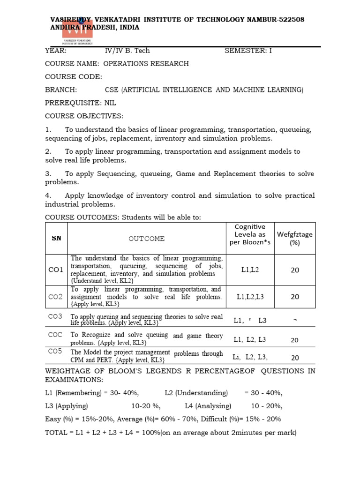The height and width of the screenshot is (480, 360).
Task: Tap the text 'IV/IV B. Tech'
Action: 127,51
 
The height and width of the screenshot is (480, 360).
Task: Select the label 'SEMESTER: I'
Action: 248,51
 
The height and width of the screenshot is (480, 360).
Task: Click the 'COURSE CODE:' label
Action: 73,77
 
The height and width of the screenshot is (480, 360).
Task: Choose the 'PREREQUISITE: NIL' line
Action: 80,103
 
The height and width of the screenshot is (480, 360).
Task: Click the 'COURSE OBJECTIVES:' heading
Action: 84,116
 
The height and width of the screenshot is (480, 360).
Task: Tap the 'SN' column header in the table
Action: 56,238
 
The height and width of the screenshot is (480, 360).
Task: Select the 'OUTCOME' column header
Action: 147,239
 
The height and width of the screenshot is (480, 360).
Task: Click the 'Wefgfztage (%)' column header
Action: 295,238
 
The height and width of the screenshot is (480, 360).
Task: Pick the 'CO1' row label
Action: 56,270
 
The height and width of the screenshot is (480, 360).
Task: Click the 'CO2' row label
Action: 56,297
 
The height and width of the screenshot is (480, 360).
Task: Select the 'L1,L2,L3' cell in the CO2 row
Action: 250,297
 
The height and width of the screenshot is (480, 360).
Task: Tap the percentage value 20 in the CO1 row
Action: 295,270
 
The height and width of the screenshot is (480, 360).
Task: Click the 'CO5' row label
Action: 55,351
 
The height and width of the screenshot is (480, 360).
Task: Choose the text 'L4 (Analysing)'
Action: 208,406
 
